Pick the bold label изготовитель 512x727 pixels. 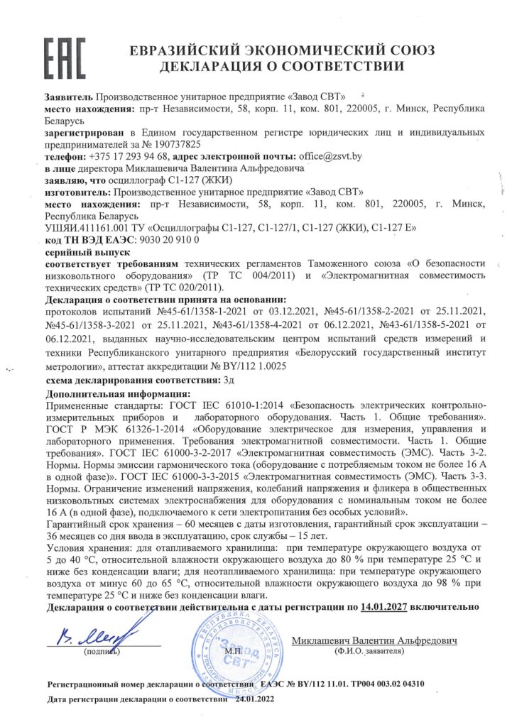pyautogui.click(x=74, y=192)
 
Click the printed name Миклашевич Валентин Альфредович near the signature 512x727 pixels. pyautogui.click(x=375, y=640)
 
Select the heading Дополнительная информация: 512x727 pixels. pyautogui.click(x=117, y=393)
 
